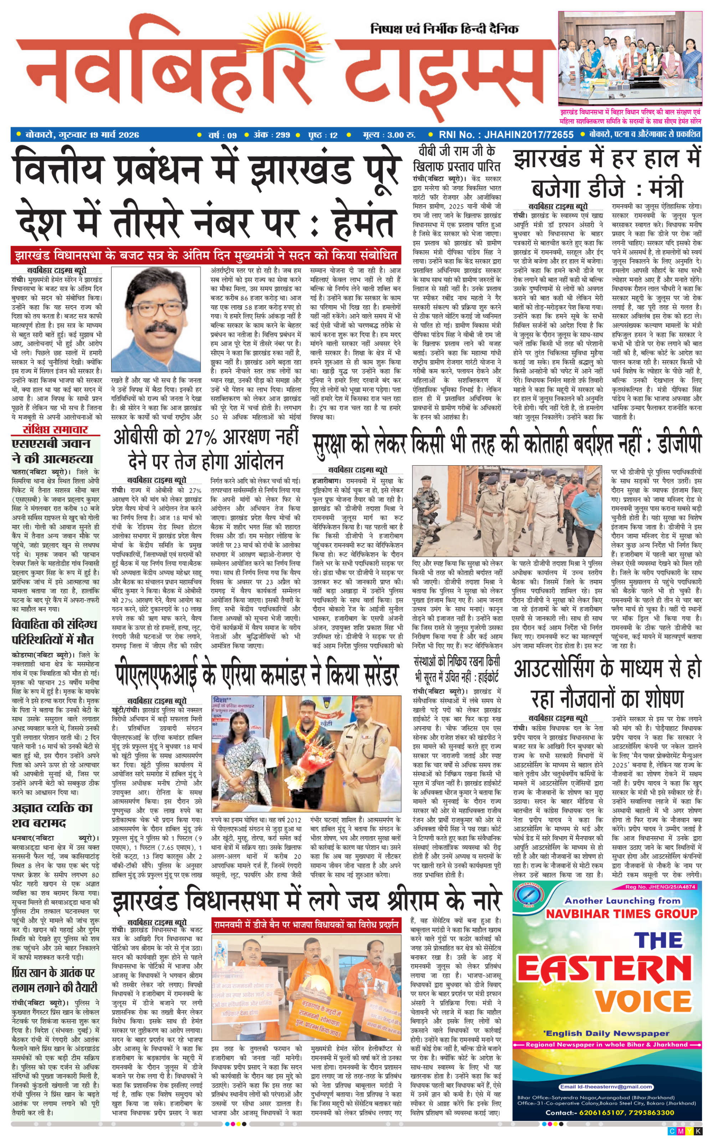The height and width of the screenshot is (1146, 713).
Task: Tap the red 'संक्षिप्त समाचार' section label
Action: tap(56, 429)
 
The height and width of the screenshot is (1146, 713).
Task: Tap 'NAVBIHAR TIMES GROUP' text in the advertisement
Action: tap(621, 914)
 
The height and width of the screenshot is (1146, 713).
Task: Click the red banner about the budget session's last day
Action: tap(206, 256)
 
